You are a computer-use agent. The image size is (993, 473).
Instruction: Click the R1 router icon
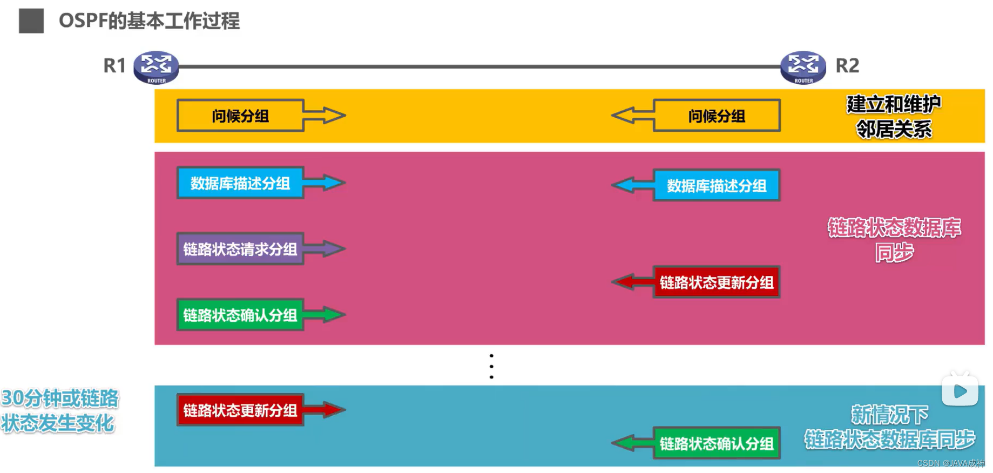point(156,67)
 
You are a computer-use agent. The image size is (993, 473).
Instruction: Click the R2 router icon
point(803,67)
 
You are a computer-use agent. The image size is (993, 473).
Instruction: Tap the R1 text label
point(114,66)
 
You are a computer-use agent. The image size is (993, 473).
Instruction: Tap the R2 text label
point(847,66)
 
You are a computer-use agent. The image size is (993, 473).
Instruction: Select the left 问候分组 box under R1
point(240,116)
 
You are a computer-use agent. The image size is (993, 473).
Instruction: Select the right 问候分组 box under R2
point(717,116)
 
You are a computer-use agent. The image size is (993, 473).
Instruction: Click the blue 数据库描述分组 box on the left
point(240,183)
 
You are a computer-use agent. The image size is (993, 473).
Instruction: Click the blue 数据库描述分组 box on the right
point(717,186)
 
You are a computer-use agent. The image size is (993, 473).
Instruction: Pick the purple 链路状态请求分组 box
point(240,249)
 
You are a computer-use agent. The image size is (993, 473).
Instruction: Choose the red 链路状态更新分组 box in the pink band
point(717,282)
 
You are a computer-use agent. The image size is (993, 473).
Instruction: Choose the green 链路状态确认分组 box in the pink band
point(240,315)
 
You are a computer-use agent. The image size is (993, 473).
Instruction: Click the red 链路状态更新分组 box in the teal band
point(240,410)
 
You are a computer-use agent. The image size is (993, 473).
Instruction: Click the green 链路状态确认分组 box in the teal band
point(717,443)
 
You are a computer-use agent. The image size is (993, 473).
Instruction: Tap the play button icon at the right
point(960,391)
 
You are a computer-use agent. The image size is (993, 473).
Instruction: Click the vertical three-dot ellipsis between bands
point(491,366)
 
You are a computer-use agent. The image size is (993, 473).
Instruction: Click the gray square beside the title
point(31,21)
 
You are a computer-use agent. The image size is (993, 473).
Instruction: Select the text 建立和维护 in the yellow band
point(894,104)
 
